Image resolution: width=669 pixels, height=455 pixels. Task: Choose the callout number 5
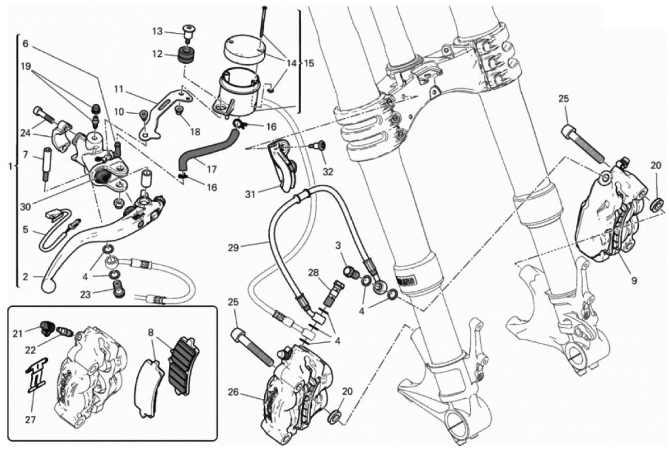click(x=26, y=230)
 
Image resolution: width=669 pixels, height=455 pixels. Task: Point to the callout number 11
click(x=118, y=90)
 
